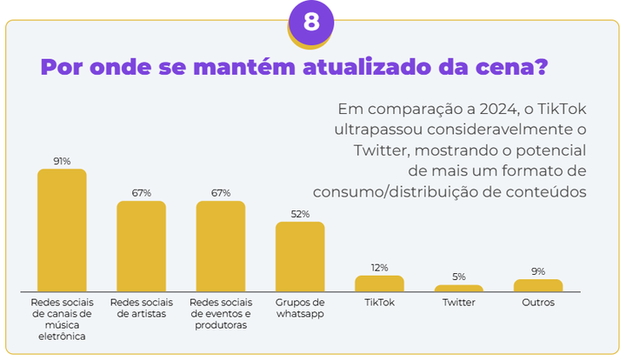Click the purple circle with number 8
311,22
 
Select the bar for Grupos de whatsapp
300,257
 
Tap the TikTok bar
379,283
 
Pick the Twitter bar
458,288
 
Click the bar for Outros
538,285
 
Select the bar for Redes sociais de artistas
141,246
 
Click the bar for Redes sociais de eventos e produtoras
221,246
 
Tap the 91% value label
62,161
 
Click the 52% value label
300,214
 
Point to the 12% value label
379,268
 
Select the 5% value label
458,277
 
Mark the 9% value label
538,271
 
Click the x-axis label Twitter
458,303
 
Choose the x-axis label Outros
538,303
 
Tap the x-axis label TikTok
379,303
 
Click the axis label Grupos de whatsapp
300,308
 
